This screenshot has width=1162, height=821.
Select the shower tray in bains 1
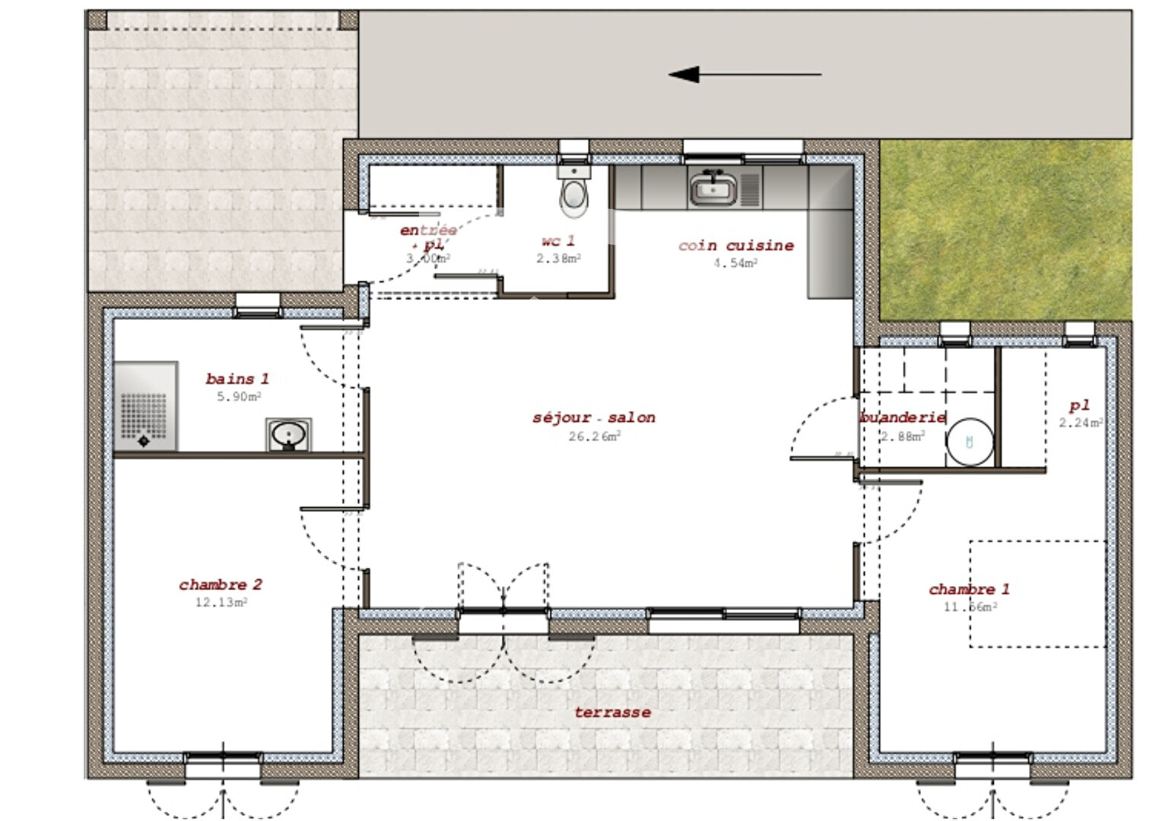coord(145,406)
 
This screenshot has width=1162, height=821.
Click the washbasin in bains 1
coord(288,435)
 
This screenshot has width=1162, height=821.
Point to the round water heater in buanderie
coord(970,442)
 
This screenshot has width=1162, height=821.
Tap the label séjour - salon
coord(593,417)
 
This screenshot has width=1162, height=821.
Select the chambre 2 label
coord(221,585)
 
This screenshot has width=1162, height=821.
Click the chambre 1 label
coord(969,589)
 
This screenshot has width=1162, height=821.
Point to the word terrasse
coord(612,712)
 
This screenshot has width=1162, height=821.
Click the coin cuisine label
coord(735,246)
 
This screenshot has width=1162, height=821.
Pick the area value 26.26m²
coord(594,436)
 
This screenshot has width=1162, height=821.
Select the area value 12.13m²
coord(221,603)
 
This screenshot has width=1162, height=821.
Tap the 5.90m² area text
coord(239,397)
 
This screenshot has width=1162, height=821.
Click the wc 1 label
coord(558,241)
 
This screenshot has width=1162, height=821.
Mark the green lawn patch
coord(1004,228)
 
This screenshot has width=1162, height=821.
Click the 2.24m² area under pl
coord(1080,423)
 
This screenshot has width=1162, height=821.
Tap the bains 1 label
coord(237,379)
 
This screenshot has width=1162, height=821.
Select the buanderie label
coord(903,417)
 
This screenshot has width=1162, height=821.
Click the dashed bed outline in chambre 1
coord(1037,594)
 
